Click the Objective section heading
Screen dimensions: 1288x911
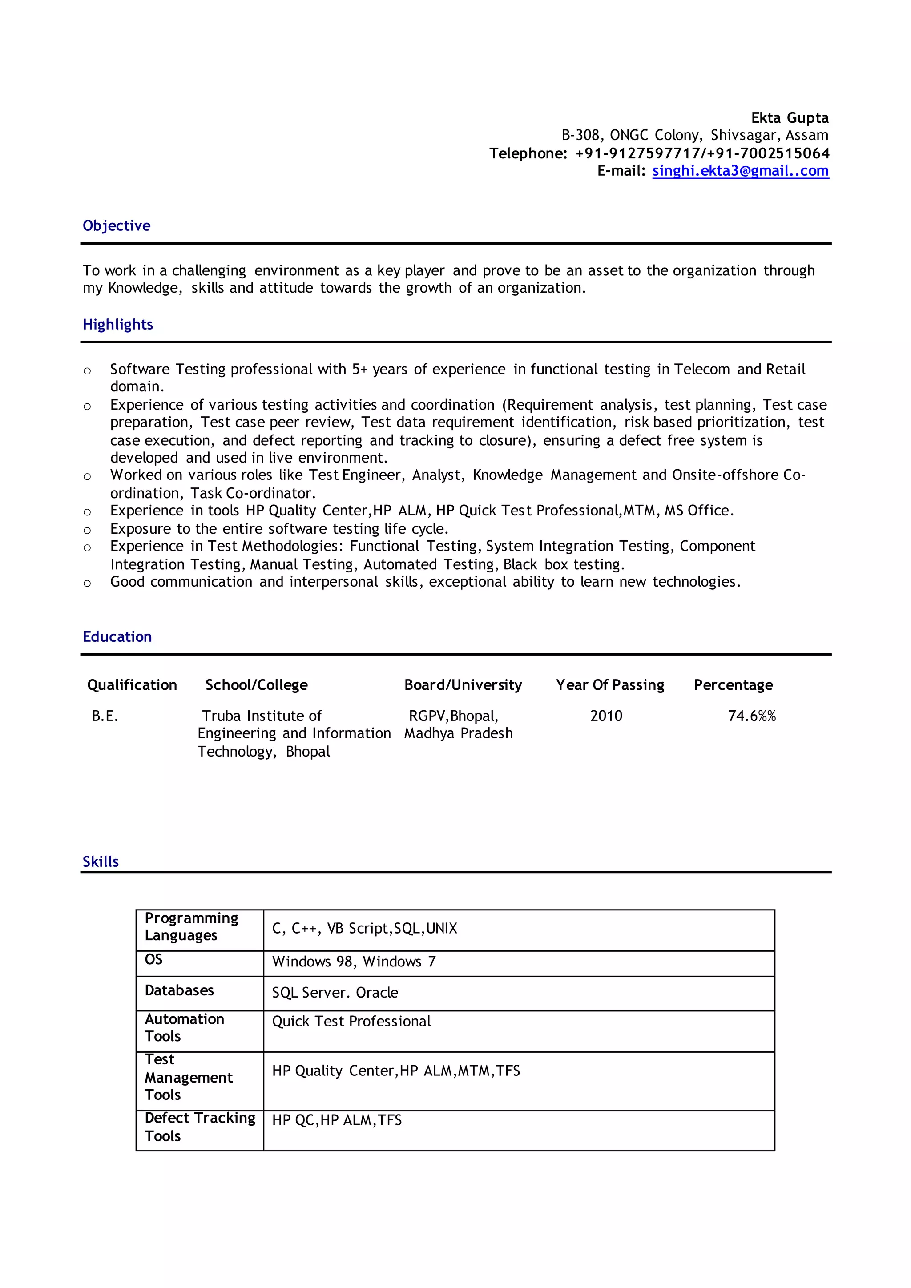coord(117,225)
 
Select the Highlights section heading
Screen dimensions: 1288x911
coord(118,324)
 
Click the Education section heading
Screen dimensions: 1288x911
coord(117,637)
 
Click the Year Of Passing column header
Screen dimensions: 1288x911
coord(610,685)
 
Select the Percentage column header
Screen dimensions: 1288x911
coord(733,685)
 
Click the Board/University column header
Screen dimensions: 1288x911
coord(463,685)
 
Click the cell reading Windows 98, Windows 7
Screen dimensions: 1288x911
coord(353,962)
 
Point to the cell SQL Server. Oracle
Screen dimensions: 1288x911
coord(335,993)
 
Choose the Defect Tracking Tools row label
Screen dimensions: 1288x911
coord(199,1127)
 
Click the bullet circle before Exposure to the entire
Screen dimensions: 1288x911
coord(87,530)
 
